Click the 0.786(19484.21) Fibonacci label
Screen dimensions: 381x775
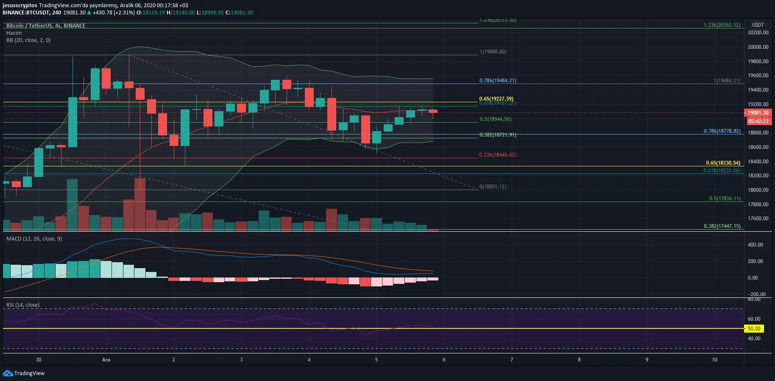click(498, 81)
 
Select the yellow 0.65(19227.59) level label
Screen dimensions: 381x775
click(496, 99)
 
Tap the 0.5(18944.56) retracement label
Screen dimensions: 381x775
click(495, 119)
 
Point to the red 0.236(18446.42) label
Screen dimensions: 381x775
click(497, 155)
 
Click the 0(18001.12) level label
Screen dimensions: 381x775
click(493, 187)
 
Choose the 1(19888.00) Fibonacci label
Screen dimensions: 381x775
click(493, 52)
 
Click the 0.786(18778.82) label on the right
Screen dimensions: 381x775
click(722, 131)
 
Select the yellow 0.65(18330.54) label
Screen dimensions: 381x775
click(723, 163)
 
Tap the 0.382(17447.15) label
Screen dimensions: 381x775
click(722, 226)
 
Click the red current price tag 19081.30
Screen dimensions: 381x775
click(758, 113)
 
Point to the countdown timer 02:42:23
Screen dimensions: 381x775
click(758, 121)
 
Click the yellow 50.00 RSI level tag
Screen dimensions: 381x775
click(754, 329)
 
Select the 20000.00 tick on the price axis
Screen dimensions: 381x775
click(758, 47)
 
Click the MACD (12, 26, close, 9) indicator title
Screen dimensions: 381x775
click(34, 239)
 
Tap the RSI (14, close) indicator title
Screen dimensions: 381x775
click(22, 305)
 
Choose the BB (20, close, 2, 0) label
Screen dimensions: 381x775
click(28, 40)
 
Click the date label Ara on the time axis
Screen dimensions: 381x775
click(106, 360)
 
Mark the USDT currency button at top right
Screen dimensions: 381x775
click(758, 25)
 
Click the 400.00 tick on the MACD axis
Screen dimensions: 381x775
click(755, 245)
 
